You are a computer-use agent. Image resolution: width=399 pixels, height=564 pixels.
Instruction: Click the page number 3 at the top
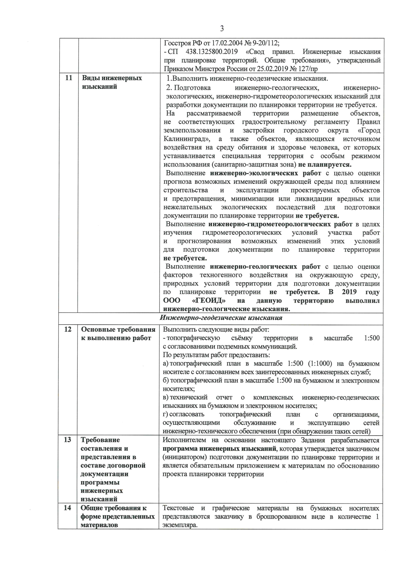click(222, 28)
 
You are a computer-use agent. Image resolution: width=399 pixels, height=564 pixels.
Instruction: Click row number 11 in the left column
click(68, 78)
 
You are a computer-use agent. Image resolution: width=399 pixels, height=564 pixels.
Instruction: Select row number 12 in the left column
click(68, 330)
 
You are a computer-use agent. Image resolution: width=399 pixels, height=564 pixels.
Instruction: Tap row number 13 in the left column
click(67, 440)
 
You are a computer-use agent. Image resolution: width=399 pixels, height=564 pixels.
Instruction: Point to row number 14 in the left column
click(67, 508)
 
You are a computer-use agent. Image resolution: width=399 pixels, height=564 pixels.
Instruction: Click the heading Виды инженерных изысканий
click(112, 82)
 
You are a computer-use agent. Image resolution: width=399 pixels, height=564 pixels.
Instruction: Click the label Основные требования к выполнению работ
click(118, 334)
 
